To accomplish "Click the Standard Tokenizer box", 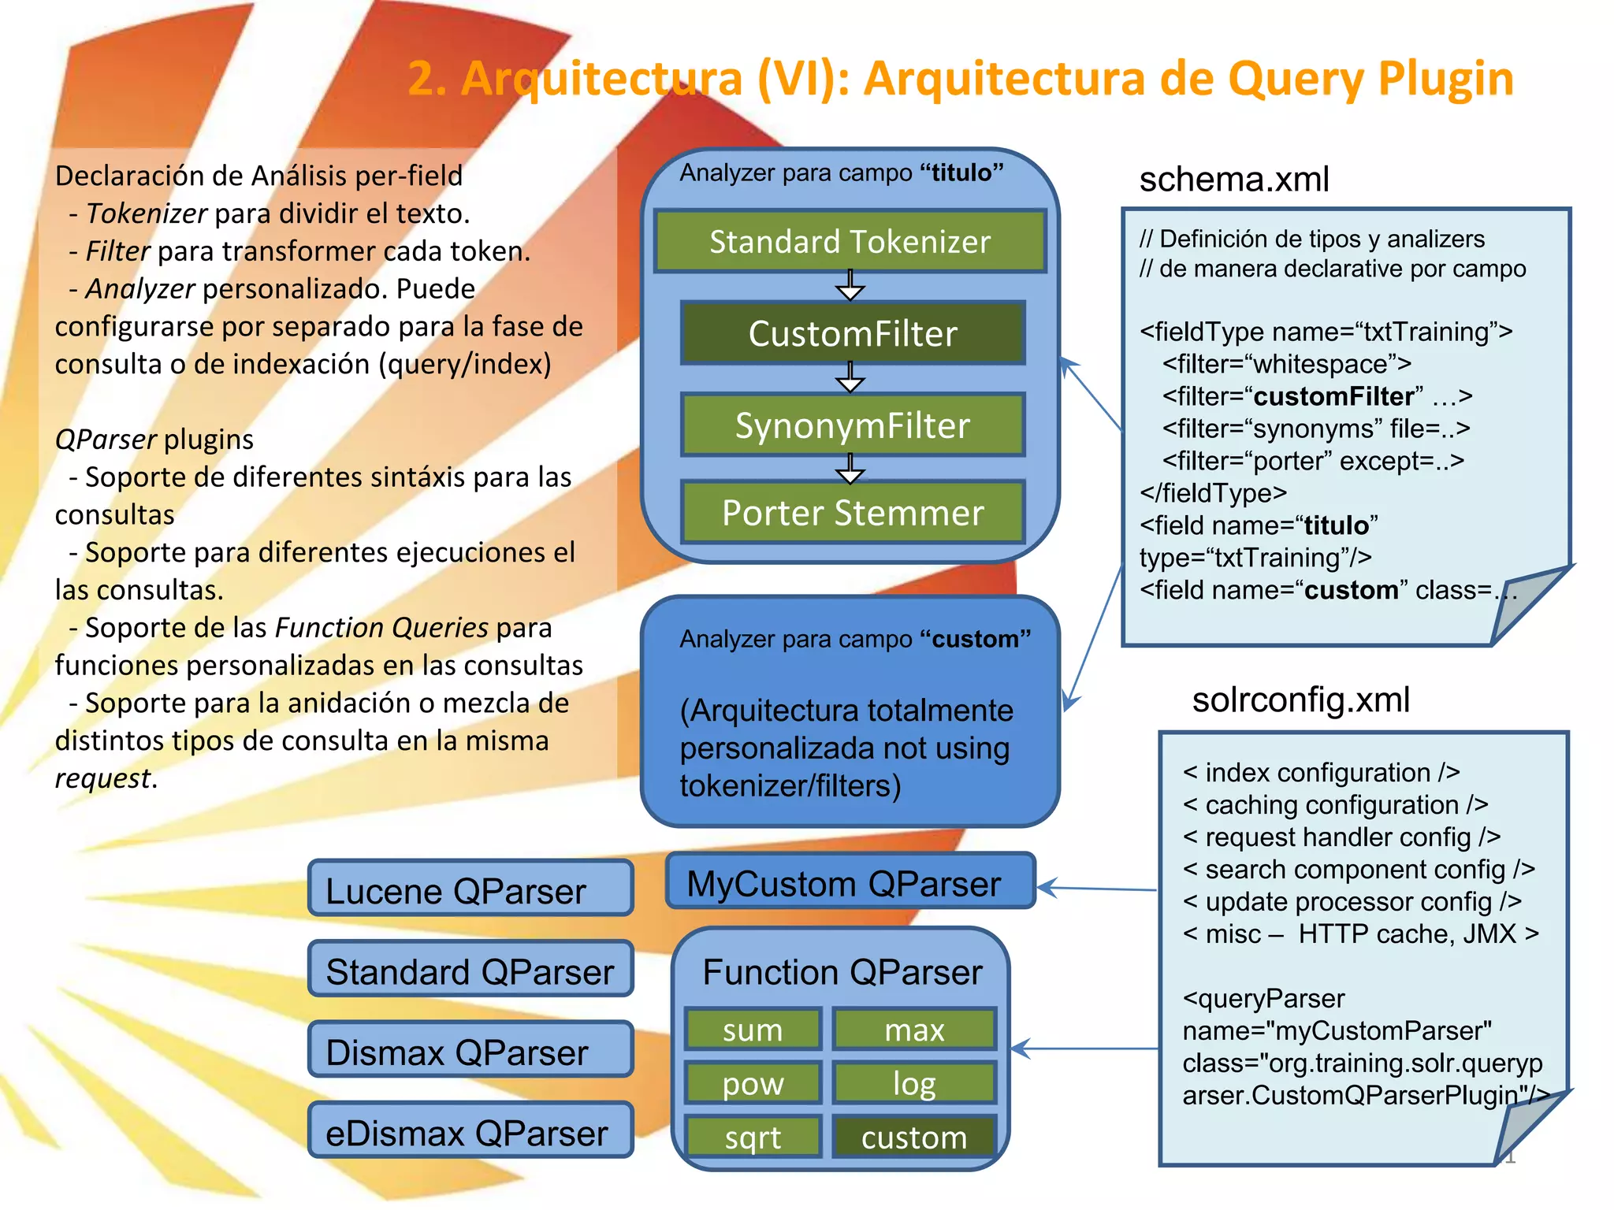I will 850,241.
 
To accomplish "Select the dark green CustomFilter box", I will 853,333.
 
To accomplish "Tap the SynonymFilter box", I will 853,425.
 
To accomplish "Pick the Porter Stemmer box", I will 853,513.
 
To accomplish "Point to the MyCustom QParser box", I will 850,883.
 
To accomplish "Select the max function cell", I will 914,1030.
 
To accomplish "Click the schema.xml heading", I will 1233,179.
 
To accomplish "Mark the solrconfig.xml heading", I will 1300,700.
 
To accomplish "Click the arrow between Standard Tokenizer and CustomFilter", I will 850,285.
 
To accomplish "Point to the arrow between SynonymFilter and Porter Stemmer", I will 850,469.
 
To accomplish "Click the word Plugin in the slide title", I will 1445,79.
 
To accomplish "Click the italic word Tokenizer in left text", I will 146,213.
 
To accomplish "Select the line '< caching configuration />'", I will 1335,805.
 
